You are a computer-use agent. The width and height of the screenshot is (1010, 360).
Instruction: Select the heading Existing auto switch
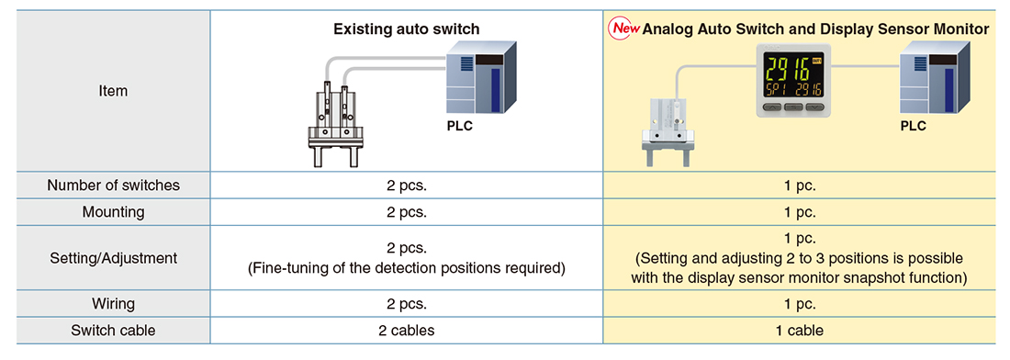coord(407,29)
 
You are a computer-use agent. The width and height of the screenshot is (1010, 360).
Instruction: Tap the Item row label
coord(113,92)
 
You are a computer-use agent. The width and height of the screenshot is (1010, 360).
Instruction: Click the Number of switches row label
coord(113,186)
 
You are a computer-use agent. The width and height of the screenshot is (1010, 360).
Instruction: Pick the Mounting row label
coord(113,212)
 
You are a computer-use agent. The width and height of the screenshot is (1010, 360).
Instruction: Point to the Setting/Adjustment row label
coord(113,258)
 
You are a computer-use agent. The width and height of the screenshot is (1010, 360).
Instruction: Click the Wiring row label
coord(113,303)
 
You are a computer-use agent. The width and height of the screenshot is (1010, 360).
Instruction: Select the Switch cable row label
coord(113,331)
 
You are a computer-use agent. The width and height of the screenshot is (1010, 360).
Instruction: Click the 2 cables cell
coord(407,331)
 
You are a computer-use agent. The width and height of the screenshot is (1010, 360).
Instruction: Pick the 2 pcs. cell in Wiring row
coord(407,303)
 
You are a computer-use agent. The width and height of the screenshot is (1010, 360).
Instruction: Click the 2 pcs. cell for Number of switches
coord(407,186)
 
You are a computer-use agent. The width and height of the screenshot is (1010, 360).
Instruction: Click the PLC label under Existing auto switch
coord(459,126)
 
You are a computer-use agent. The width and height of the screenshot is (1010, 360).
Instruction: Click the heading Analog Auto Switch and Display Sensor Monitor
coord(816,29)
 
